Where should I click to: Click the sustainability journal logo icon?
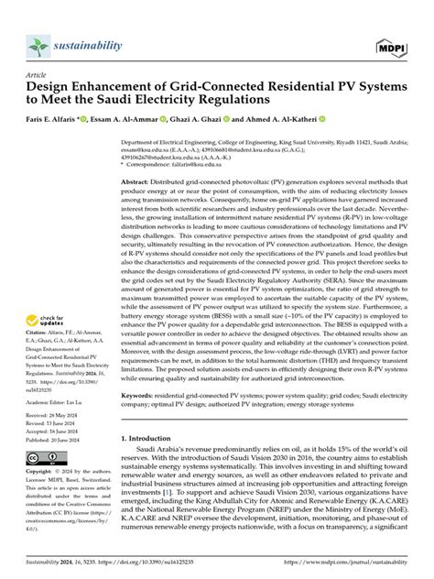(x=38, y=45)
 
